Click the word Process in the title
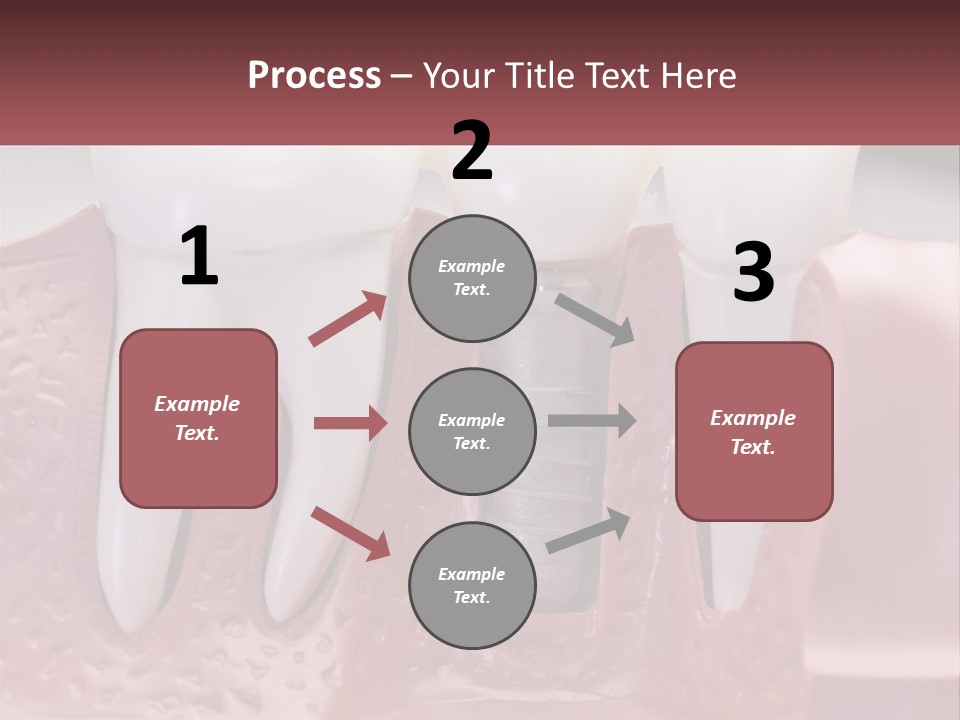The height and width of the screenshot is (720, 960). (314, 76)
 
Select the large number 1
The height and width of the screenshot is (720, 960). (199, 257)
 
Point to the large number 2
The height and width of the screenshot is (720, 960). (472, 151)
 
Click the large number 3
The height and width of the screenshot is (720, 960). (753, 272)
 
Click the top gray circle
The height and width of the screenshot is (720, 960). (472, 278)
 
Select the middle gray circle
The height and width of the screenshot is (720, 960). (472, 431)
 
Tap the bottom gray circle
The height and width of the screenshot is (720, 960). (472, 585)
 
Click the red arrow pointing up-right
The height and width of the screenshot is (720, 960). (347, 319)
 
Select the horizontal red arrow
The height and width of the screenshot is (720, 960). (350, 423)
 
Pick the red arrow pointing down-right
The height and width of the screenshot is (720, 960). (350, 532)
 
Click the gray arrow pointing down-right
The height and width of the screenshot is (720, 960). (595, 319)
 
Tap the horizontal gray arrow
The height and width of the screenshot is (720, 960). (592, 421)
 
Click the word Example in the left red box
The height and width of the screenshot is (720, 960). (197, 404)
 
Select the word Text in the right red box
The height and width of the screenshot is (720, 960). (752, 447)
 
